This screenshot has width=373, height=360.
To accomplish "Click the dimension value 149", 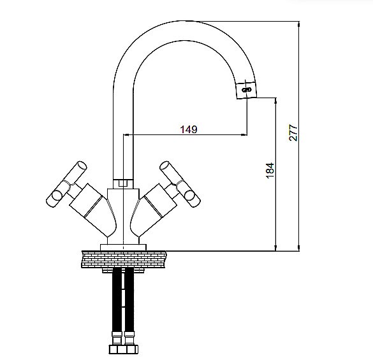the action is [x=189, y=129].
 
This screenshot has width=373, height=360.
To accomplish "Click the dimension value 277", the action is [x=293, y=133].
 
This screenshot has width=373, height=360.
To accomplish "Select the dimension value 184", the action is [x=270, y=170].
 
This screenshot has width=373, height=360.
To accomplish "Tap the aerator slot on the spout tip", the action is [x=247, y=90].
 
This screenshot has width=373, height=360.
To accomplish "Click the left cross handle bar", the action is [x=66, y=184].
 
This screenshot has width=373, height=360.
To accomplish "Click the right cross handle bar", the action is [x=180, y=184].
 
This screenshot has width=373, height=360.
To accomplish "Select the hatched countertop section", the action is [x=124, y=259].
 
